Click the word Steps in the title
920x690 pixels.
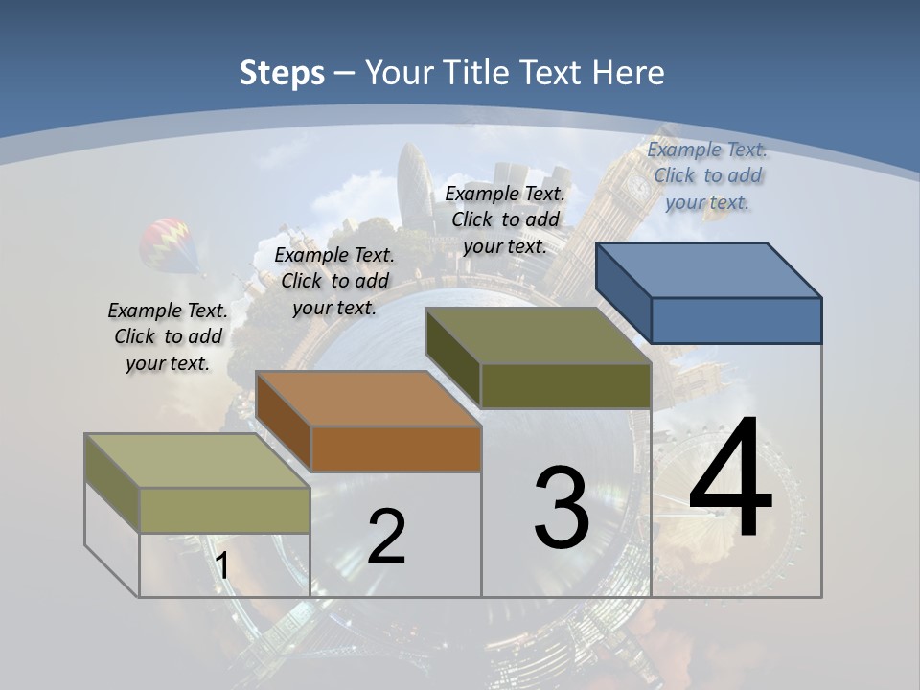282,73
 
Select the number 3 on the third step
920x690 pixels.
562,508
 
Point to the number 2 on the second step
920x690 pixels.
386,537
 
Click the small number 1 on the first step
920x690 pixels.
222,565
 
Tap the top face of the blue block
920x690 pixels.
709,270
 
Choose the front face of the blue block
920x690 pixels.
736,320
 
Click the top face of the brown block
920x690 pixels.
368,399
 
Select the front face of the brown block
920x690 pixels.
395,448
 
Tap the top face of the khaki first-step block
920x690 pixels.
197,461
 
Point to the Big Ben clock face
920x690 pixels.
637,188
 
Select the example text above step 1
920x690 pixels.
168,337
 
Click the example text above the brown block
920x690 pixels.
334,281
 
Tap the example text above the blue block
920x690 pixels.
707,175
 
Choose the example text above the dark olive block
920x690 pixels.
505,219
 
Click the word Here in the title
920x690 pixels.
628,73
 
